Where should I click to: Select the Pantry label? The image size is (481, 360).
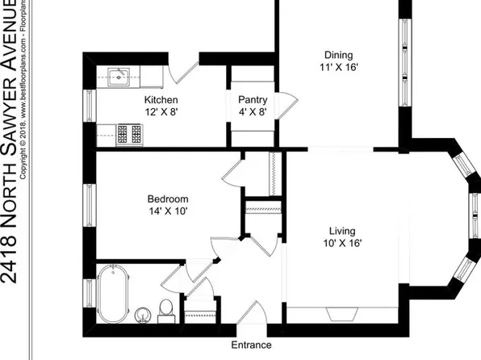(253, 100)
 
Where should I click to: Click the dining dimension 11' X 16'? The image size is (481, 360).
(334, 69)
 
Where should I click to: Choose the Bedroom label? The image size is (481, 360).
(167, 199)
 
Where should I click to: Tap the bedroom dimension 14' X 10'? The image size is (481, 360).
(167, 211)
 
